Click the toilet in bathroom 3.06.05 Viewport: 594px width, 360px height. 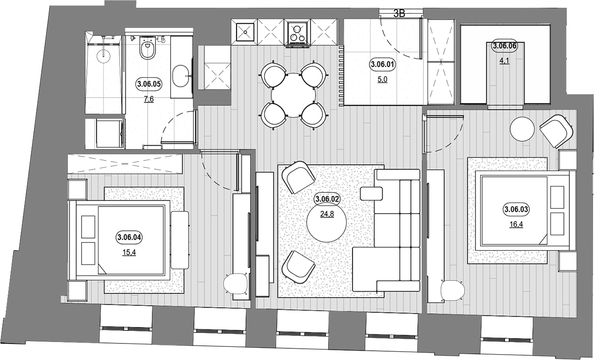(x=148, y=48)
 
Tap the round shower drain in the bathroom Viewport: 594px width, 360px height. (x=103, y=55)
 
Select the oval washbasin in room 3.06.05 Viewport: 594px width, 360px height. (x=181, y=77)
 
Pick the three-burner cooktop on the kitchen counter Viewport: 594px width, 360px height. (x=297, y=33)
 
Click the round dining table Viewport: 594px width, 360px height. (x=293, y=95)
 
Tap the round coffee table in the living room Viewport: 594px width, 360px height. (x=327, y=222)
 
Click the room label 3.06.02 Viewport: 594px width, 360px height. (x=327, y=199)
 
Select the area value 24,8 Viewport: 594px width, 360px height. (x=327, y=214)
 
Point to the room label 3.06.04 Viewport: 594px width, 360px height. (x=129, y=237)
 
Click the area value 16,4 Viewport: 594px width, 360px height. (x=516, y=224)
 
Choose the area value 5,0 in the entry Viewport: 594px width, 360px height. (x=382, y=79)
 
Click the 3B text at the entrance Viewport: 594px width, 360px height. (x=399, y=14)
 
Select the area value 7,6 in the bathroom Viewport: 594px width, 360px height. (x=149, y=99)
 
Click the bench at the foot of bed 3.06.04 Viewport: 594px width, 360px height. (x=180, y=240)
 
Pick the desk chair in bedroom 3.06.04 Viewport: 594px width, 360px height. (x=236, y=284)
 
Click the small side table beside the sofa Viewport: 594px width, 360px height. (x=371, y=194)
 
